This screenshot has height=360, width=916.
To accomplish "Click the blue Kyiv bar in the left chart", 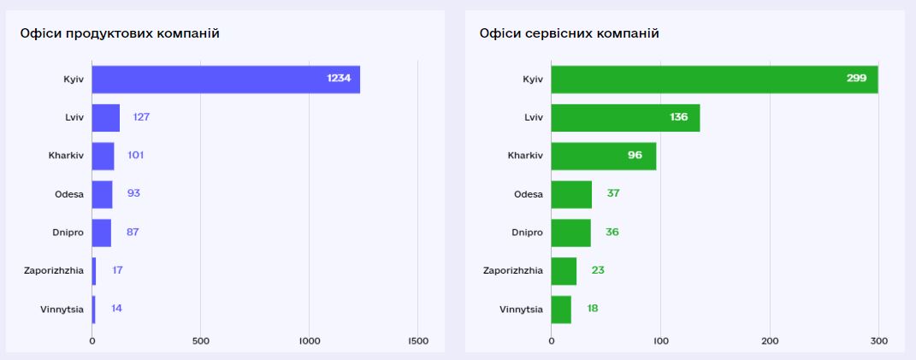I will pos(226,79).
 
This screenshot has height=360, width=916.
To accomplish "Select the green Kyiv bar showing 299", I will pos(714,79).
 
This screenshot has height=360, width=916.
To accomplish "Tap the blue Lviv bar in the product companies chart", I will pos(105,117).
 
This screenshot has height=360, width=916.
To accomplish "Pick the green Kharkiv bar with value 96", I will pos(603,156).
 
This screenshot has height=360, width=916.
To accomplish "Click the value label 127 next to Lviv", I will pos(141,117).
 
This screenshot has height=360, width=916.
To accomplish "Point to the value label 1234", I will pos(339,79).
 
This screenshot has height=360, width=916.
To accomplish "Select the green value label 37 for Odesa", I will pos(613,194).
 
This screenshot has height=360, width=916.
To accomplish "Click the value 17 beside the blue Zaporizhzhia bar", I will pos(117,270).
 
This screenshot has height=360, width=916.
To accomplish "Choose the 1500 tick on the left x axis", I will pos(417,341).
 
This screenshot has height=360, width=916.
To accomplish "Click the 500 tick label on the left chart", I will pos(200,341).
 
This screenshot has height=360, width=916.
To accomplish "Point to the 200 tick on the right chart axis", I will pos(770,341).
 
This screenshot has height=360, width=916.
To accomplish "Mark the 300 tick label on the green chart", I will pos(878,341).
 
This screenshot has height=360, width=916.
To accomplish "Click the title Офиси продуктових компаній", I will pos(120,33).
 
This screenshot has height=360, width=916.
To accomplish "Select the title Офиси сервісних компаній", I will pos(569,33).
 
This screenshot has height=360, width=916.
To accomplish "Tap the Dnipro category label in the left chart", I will pos(68,232).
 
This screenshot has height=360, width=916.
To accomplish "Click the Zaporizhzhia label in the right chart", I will pos(512,270).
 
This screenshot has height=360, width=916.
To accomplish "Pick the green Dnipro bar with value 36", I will pos(570,232).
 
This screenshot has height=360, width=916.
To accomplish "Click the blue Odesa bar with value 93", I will pos(102,194).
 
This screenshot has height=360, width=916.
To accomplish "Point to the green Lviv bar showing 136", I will pos(625,117).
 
